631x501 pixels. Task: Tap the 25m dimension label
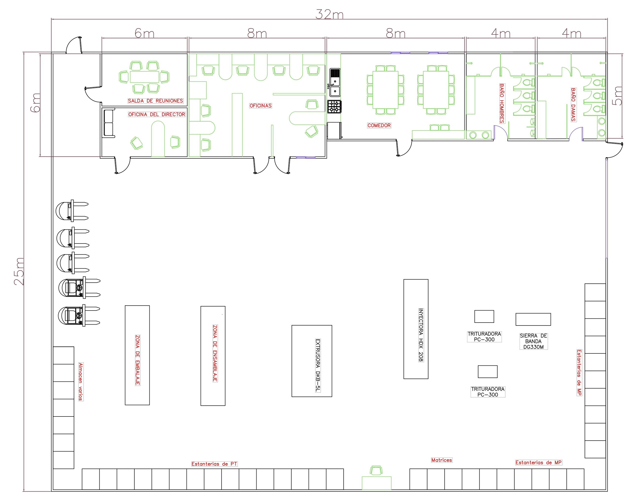coord(19,271)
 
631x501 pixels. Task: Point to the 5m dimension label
coord(617,95)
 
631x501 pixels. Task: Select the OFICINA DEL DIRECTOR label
coord(157,114)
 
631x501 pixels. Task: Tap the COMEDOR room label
coord(379,125)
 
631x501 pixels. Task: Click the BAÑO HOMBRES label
coord(502,103)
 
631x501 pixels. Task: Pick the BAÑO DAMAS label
coord(573,105)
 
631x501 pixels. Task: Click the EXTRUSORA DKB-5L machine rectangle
coord(312,361)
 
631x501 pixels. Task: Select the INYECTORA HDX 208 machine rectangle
coord(416,329)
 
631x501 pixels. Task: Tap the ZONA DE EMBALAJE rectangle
coord(137,355)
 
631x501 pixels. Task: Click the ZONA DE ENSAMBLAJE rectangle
coord(213,356)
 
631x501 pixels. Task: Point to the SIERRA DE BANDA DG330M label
coord(533,341)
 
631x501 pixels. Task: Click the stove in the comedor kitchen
coord(334,106)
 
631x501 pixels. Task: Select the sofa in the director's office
coord(109,123)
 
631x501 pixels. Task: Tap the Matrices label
coord(441,460)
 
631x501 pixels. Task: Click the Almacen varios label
coord(81,381)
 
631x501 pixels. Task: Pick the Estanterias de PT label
coord(214,464)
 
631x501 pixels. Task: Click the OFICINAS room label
coord(261,106)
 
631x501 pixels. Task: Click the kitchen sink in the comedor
coord(335,83)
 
